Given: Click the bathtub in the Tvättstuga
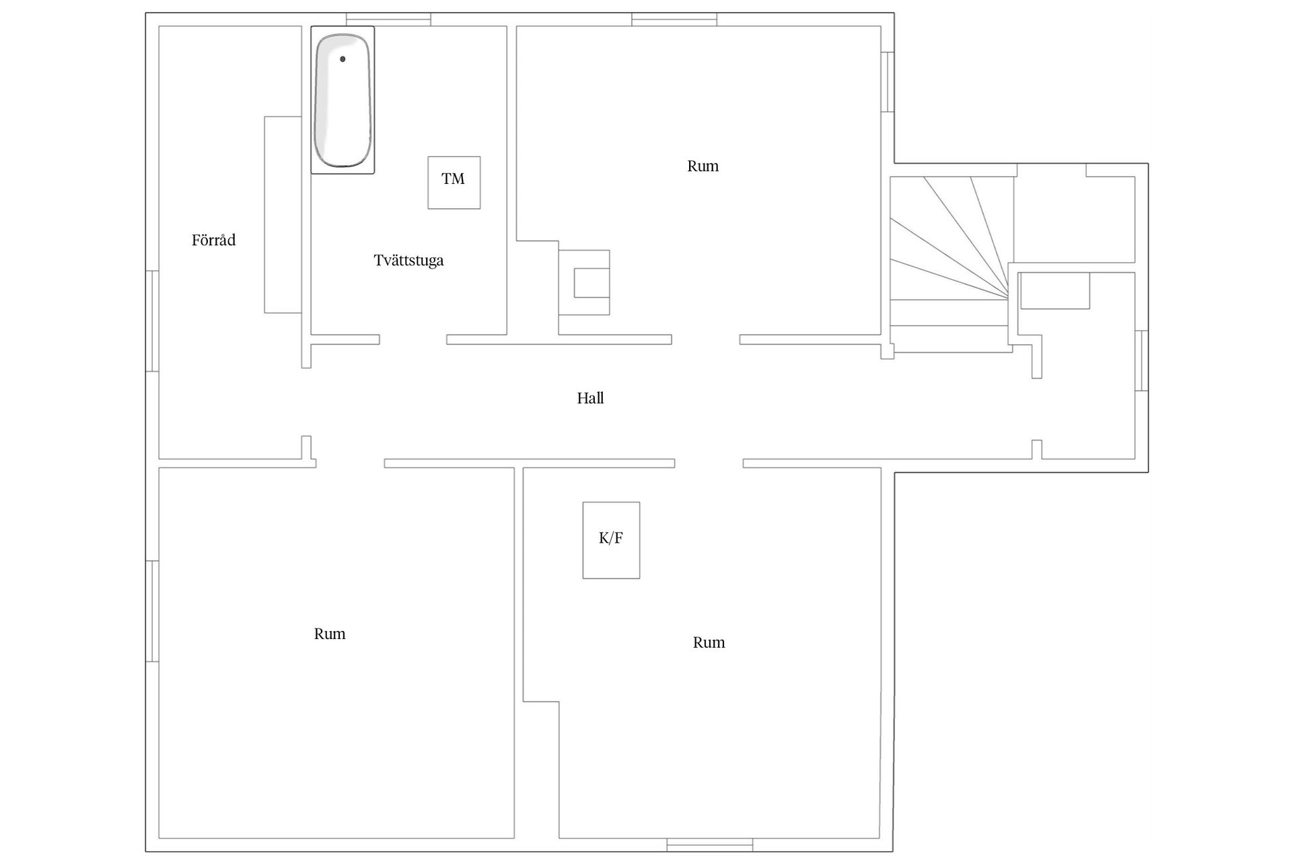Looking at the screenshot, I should point(343,100).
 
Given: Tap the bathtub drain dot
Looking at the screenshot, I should point(343,59).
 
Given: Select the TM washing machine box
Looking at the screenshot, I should point(454,183).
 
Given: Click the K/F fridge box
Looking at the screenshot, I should point(611,539).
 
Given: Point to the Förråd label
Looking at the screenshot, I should point(213,240).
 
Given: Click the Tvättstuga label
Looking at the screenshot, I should point(408,261).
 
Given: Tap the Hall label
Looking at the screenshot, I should point(590,399).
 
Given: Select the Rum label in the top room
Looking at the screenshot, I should point(703,166).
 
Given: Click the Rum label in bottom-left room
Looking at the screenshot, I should point(330,634).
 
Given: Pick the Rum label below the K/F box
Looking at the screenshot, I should point(709,642).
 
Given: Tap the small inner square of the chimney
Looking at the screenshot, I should point(591,282).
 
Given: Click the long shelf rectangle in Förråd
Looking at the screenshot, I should point(283,215).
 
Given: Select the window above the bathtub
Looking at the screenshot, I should point(388,20).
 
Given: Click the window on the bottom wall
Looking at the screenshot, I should point(709,844).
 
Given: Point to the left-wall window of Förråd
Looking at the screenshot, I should point(153,321).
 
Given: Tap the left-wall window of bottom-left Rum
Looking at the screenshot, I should point(153,611).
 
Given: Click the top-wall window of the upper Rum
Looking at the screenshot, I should point(674,20).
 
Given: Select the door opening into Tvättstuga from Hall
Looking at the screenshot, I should point(413,339).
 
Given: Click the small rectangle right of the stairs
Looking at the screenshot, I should point(1054,291).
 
